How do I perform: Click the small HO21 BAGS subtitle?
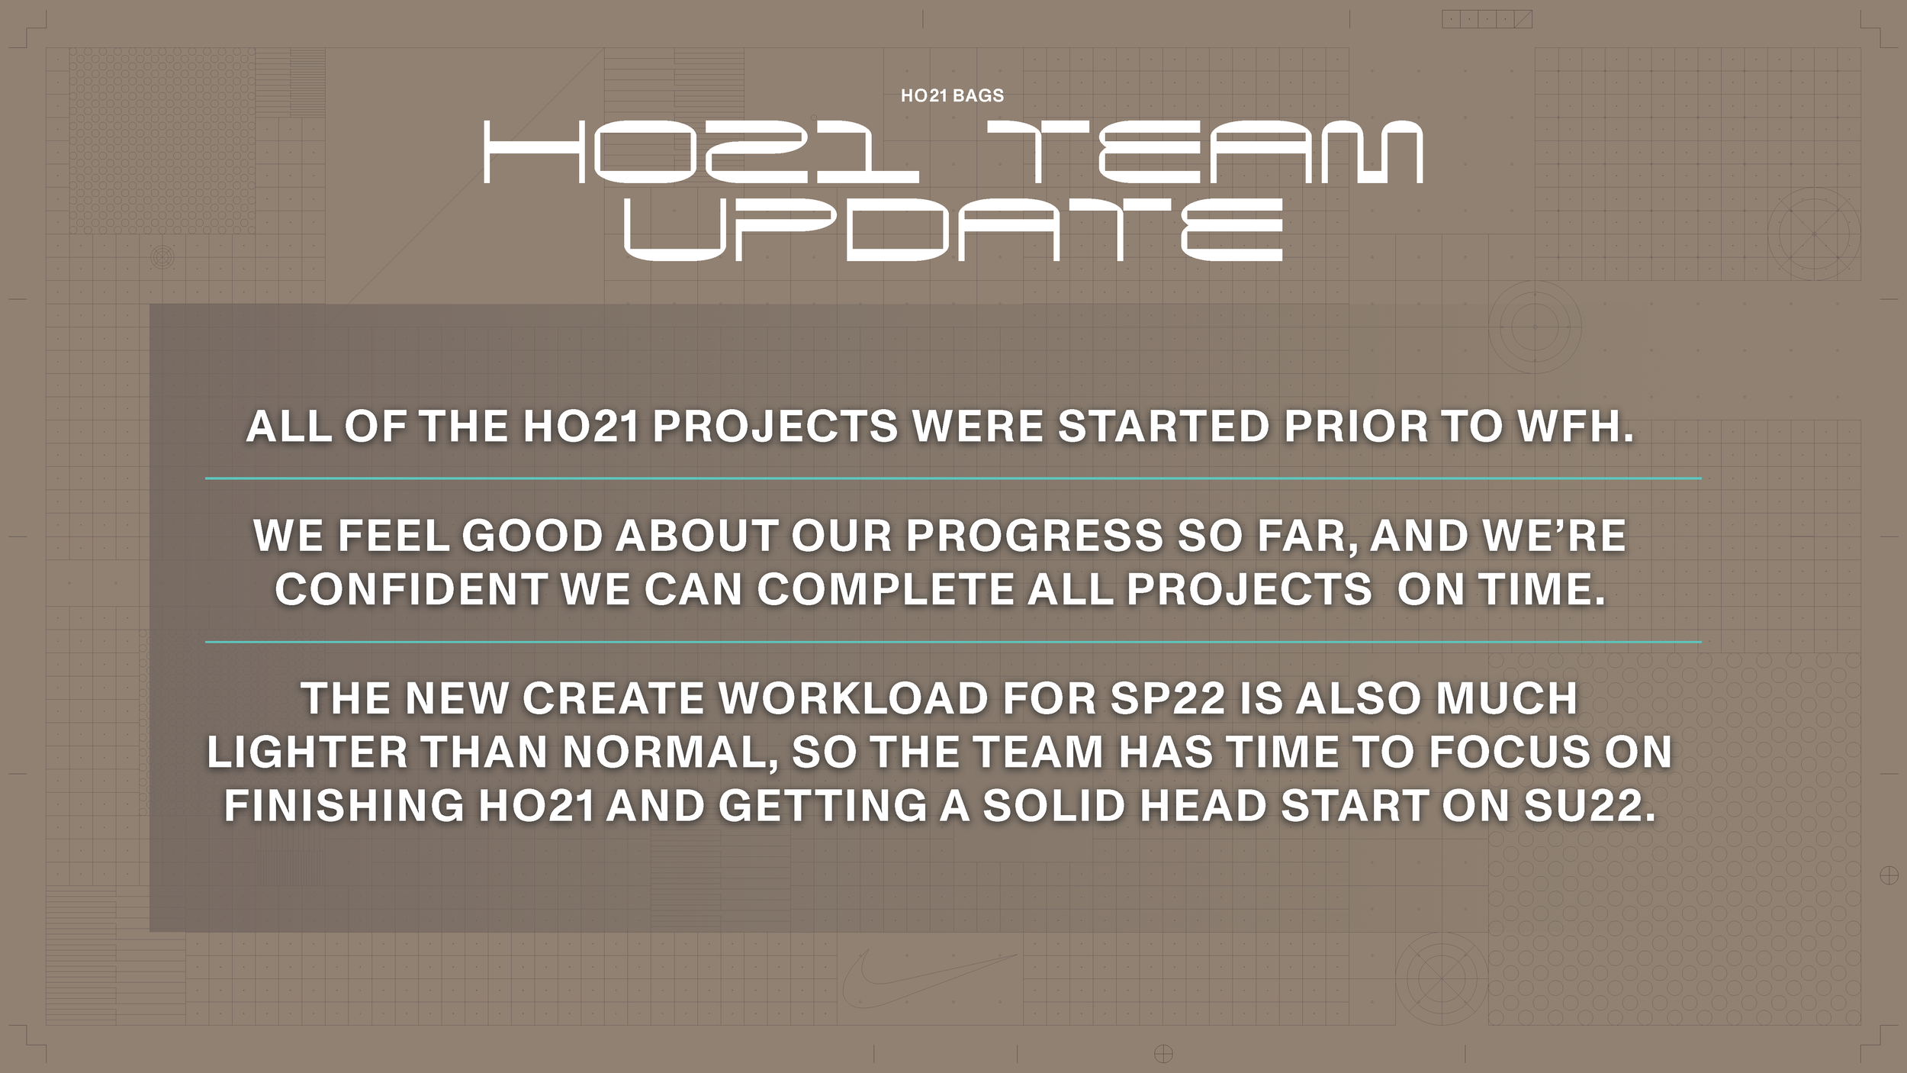click(x=952, y=95)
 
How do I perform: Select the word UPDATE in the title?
click(x=953, y=229)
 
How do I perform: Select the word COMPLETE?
click(x=885, y=589)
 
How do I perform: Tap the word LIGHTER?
click(x=307, y=752)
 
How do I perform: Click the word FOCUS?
click(x=1509, y=752)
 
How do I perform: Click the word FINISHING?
click(x=344, y=806)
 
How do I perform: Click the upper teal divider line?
click(x=953, y=478)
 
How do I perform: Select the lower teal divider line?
click(x=953, y=642)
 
